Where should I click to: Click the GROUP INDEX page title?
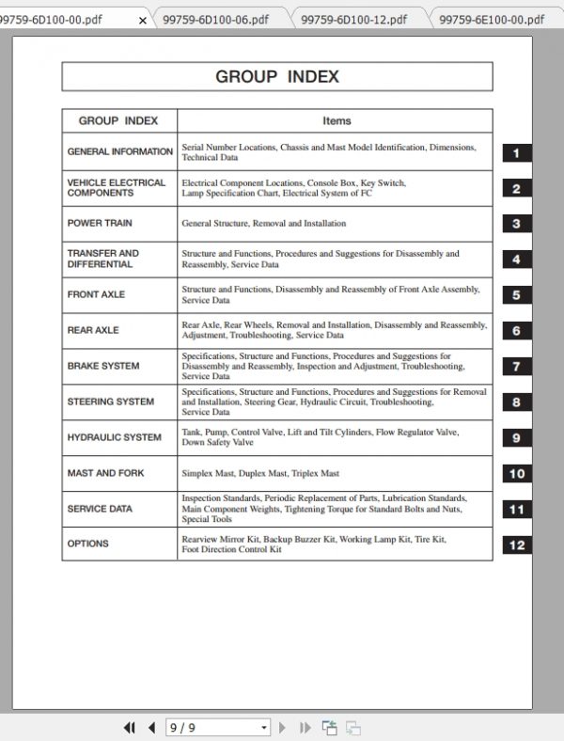[276, 77]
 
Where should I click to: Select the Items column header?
[336, 120]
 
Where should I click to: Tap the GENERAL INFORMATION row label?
[119, 151]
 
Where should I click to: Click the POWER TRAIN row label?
[100, 224]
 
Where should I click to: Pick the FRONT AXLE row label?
[96, 294]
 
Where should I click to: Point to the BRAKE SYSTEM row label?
[103, 366]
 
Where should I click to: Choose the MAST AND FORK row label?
[105, 473]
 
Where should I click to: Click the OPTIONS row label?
[87, 544]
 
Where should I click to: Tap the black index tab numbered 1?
[516, 153]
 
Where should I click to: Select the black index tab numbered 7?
[516, 367]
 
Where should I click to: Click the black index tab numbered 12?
[516, 545]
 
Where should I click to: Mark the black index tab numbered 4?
[516, 260]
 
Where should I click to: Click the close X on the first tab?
[142, 20]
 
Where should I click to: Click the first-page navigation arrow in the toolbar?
[130, 727]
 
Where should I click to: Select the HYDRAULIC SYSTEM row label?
[114, 437]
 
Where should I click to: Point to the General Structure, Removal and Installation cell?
[263, 224]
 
